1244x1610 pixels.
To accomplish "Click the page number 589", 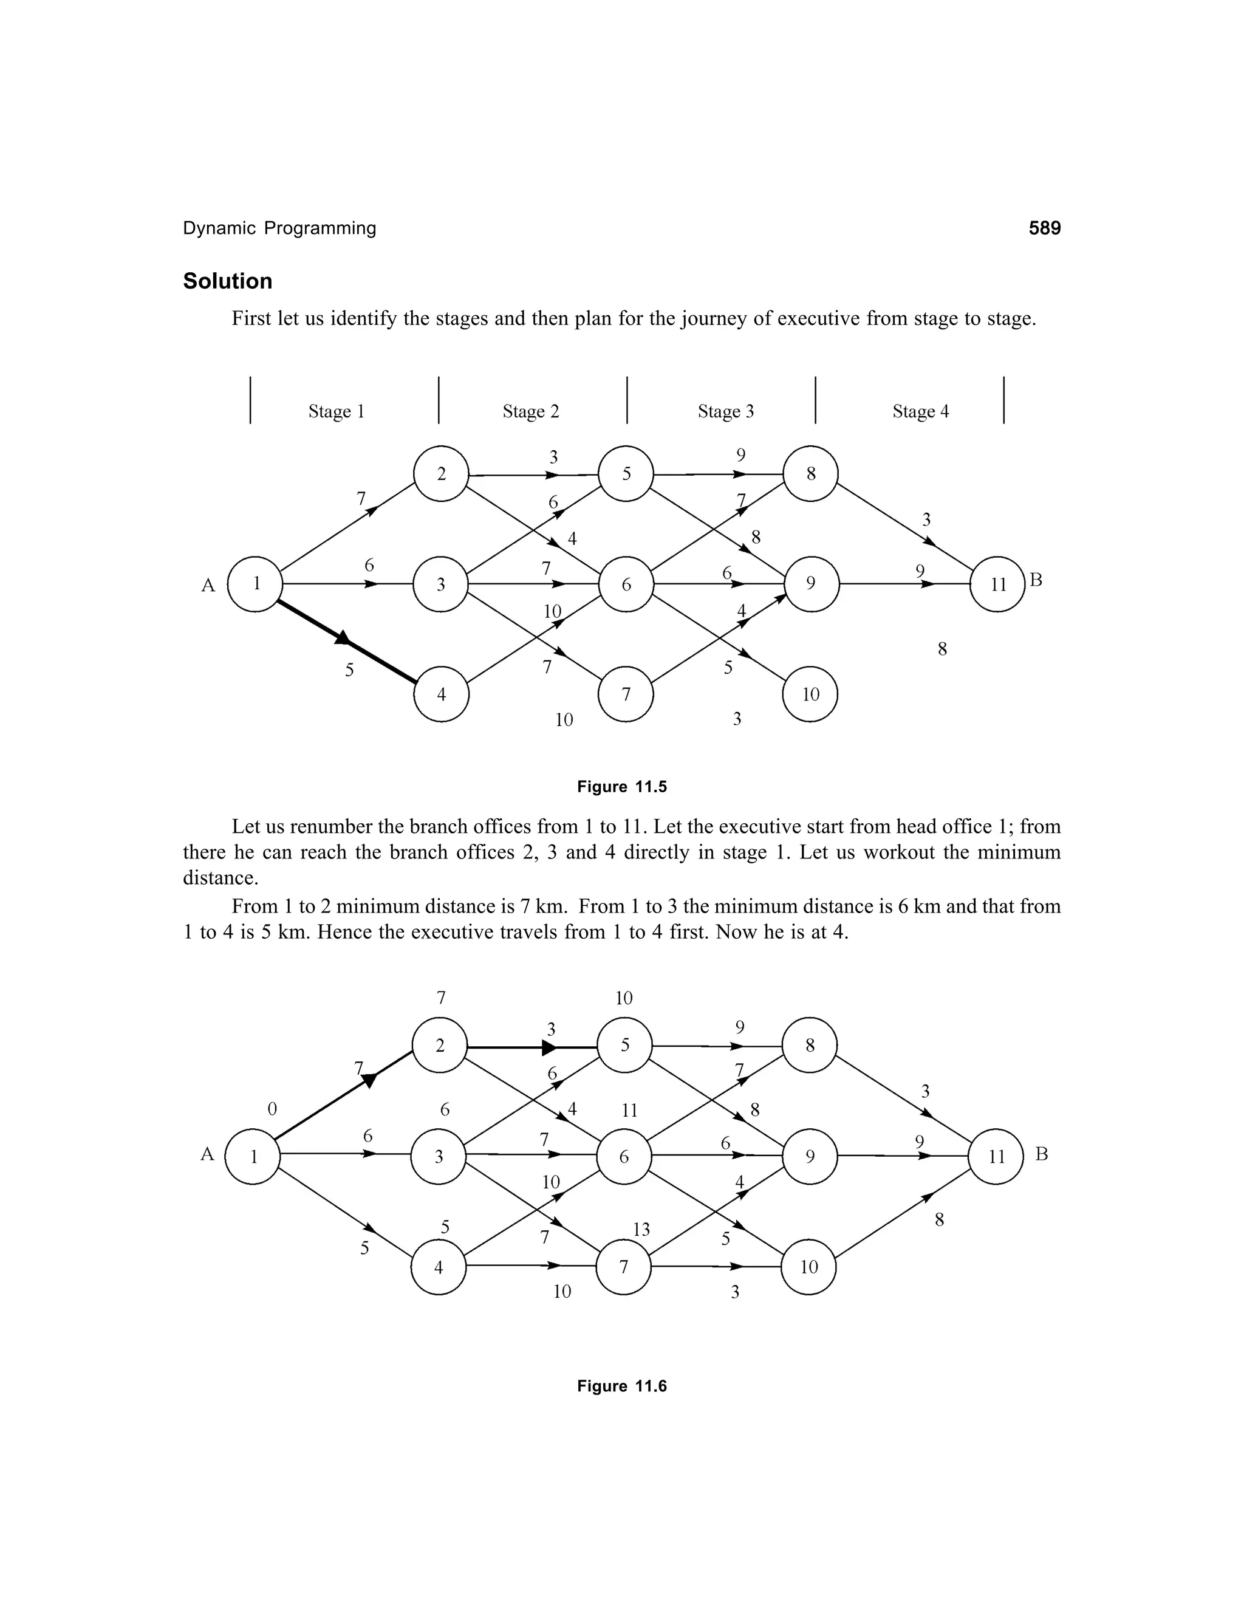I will pos(1044,228).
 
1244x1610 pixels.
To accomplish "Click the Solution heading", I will pos(228,281).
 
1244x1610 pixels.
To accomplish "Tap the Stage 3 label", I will pos(726,411).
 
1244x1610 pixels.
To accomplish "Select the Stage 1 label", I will pos(336,411).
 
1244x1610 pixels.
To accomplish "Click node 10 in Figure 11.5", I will pos(810,694).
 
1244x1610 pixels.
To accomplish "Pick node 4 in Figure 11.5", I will pos(441,694).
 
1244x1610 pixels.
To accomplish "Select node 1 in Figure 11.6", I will pos(253,1157).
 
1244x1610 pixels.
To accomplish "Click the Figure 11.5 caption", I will pos(622,787).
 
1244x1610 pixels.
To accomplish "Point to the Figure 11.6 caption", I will pos(622,1386).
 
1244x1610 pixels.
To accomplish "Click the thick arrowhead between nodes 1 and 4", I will pos(342,638).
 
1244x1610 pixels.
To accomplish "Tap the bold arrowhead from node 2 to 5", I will pos(549,1047).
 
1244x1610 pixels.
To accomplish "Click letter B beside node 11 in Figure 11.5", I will pos(1036,581).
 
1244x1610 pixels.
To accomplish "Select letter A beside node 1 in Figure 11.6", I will pos(207,1154).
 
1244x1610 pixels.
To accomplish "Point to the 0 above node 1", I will pos(272,1109).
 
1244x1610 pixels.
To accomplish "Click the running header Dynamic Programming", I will pos(279,228).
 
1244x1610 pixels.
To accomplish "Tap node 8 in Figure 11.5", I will pos(810,474).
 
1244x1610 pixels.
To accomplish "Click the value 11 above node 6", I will pos(629,1110).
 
